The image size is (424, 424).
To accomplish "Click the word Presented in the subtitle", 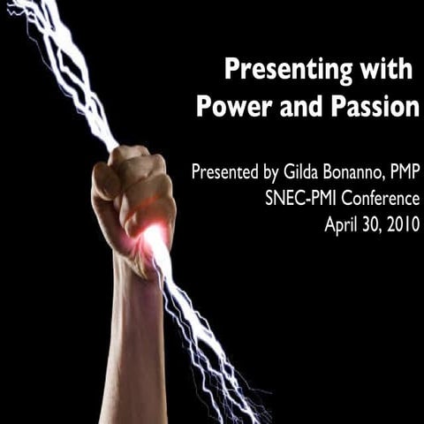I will coord(223,171).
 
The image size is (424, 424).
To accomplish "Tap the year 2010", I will coord(401,223).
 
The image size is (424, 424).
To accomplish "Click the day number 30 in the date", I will coord(371,223).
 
